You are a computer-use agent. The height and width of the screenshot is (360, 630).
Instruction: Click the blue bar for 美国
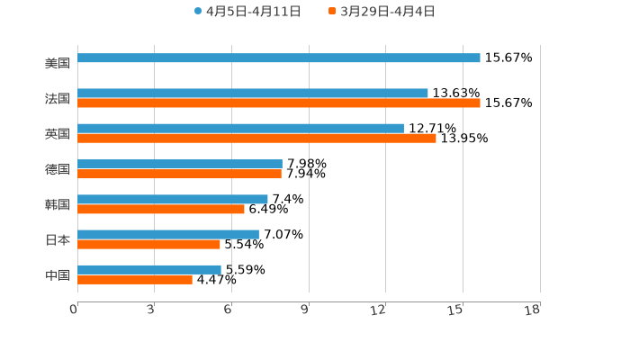tap(279, 58)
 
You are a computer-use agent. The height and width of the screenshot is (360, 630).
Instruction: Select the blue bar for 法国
tap(253, 93)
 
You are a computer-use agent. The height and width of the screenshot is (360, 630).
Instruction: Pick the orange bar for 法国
tap(279, 103)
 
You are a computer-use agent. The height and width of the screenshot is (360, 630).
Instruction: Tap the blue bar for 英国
tap(240, 128)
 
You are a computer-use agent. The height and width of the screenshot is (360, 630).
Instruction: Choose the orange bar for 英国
tap(256, 139)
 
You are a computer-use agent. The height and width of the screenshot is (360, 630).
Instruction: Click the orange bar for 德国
tap(179, 174)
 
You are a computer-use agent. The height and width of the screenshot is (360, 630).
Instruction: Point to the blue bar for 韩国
tap(173, 199)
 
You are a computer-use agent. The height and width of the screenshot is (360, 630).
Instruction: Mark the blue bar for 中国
tap(149, 269)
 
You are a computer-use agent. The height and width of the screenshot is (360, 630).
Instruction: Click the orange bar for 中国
tap(135, 280)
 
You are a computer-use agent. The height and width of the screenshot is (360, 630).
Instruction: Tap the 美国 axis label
tap(58, 64)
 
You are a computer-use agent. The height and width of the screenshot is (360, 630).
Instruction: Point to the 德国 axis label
tap(58, 169)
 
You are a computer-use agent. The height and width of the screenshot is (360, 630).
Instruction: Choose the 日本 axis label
tap(58, 239)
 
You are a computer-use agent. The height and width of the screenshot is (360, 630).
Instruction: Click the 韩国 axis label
tap(58, 204)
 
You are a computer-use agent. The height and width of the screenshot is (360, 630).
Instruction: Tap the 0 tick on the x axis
tap(74, 310)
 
